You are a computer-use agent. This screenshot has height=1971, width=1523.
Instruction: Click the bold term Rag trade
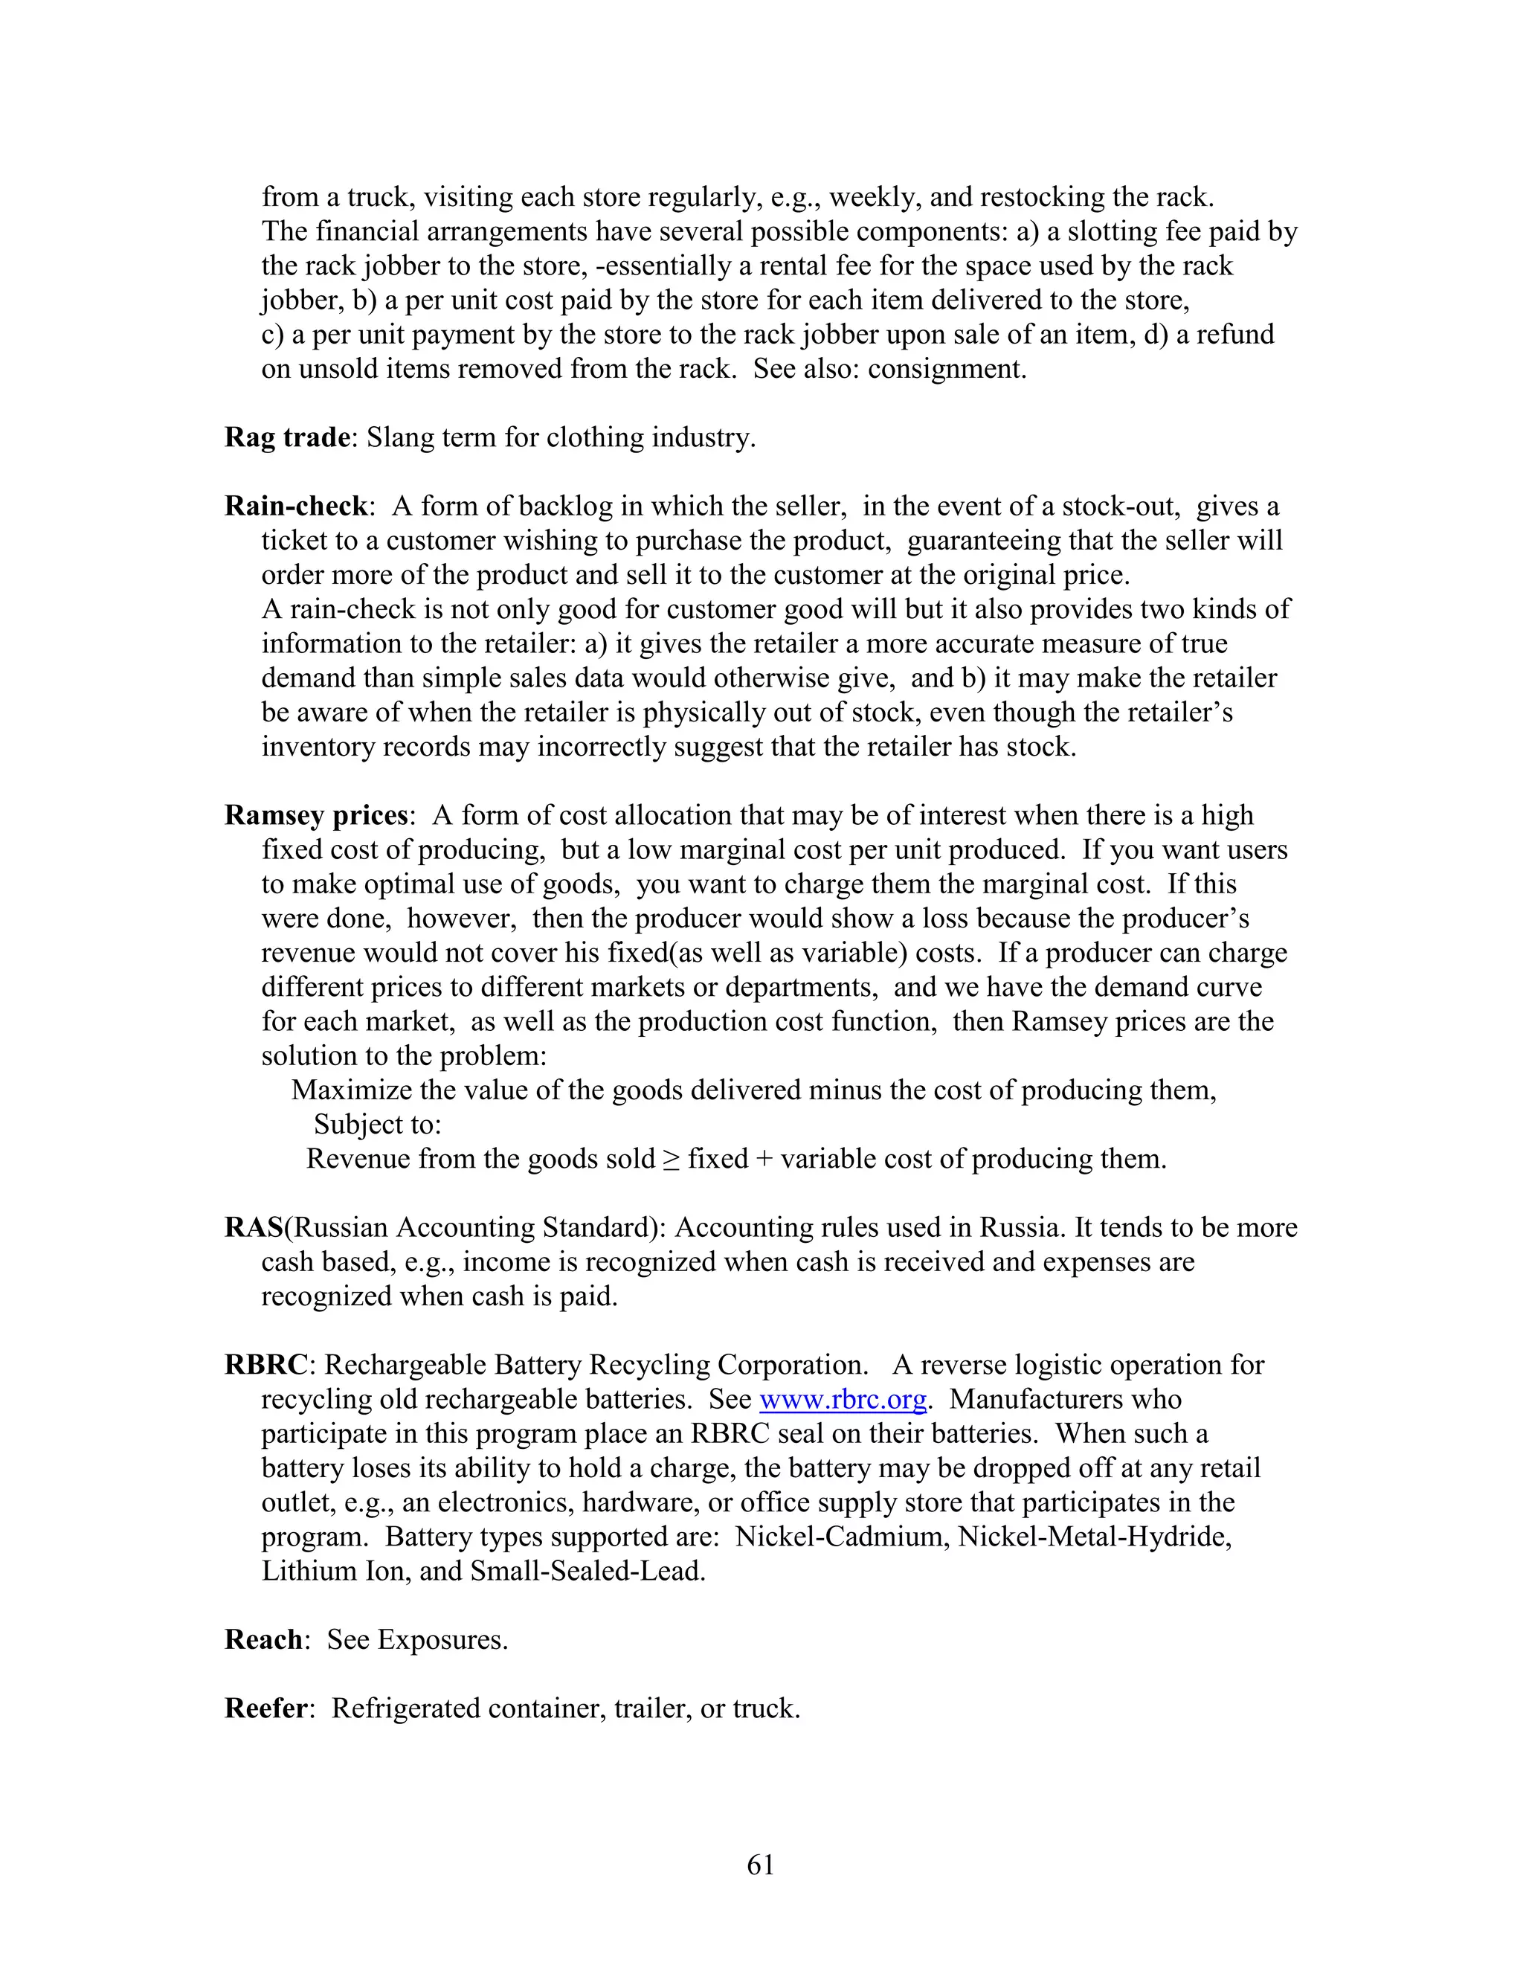click(287, 437)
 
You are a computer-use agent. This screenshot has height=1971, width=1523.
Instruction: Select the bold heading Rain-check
click(296, 507)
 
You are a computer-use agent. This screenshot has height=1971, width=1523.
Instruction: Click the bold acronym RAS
click(254, 1228)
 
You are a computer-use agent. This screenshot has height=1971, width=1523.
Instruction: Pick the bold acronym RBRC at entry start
click(266, 1366)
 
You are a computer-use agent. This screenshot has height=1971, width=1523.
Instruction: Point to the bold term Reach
click(263, 1640)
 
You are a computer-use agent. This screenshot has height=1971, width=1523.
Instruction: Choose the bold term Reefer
click(266, 1708)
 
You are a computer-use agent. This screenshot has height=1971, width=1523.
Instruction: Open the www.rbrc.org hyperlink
click(843, 1400)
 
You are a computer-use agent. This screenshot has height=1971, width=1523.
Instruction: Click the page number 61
click(761, 1865)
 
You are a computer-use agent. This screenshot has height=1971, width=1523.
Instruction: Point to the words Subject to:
click(377, 1125)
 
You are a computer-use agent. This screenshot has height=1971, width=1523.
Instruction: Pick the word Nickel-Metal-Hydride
click(1095, 1537)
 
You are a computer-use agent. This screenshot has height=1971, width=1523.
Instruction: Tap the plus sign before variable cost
click(764, 1160)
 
